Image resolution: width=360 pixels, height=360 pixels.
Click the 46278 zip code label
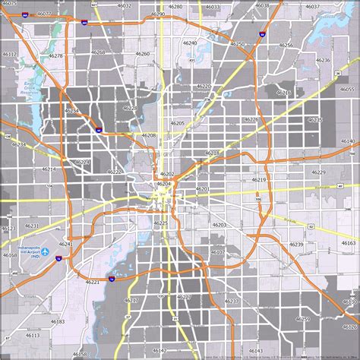point(55,55)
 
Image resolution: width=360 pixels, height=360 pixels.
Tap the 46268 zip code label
point(99,52)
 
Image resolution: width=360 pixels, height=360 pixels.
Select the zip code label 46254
point(72,111)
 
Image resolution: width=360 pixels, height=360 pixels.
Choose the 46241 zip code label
point(67,244)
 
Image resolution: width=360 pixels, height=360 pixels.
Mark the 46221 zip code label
point(93,282)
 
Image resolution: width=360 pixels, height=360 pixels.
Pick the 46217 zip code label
point(131,300)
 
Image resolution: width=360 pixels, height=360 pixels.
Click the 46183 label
point(58,321)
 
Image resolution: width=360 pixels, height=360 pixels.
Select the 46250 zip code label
point(238,45)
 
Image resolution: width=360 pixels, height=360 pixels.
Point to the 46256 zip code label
point(286,45)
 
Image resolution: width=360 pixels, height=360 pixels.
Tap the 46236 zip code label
point(323,59)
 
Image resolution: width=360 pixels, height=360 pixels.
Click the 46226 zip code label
point(251,119)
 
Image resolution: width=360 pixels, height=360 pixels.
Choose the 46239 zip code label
point(296,244)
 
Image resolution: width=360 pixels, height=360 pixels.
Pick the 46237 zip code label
point(231,301)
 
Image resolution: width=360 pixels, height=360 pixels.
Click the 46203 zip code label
point(219,225)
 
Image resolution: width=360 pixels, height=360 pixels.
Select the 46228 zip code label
point(131,109)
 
